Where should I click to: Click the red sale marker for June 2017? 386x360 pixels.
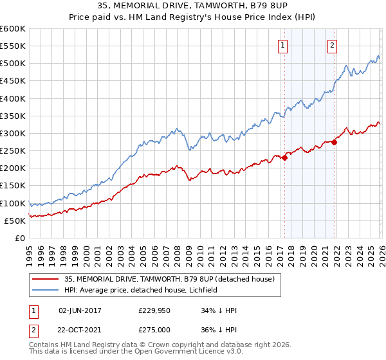pos(284,157)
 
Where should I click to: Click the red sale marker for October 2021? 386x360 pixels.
pos(335,142)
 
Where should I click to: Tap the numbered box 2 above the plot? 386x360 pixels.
pos(333,45)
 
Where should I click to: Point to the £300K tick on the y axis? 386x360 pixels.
pos(13,134)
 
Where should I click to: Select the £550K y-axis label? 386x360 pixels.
pos(13,46)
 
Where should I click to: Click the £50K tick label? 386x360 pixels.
pos(15,221)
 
